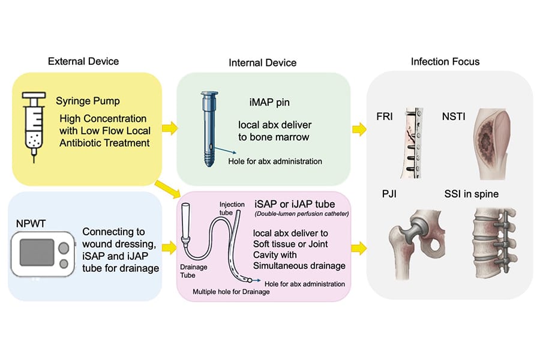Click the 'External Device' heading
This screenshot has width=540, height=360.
(x=83, y=61)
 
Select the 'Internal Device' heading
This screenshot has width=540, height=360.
(x=262, y=62)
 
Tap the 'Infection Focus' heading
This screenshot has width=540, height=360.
(x=445, y=62)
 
